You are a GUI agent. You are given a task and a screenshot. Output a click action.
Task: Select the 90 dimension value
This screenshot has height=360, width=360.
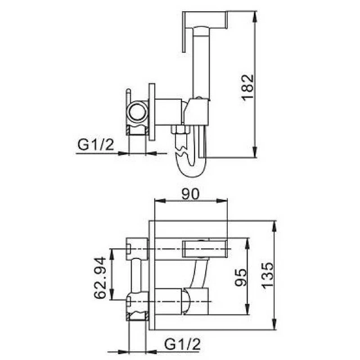point(190,194)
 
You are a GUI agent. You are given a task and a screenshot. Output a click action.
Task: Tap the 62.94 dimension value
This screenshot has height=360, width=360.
point(100,278)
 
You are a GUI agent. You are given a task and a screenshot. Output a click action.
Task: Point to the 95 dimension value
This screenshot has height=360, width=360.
point(241,277)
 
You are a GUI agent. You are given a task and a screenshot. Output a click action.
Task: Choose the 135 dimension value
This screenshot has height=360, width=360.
point(267,275)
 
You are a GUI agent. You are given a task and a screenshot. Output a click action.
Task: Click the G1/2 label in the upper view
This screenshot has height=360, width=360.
point(95,145)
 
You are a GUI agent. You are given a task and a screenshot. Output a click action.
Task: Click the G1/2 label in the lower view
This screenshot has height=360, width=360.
point(182,344)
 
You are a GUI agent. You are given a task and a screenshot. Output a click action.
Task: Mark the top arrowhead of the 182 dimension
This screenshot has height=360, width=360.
point(254,17)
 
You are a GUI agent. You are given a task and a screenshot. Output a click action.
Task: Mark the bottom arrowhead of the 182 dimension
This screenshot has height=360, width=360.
point(254,152)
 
